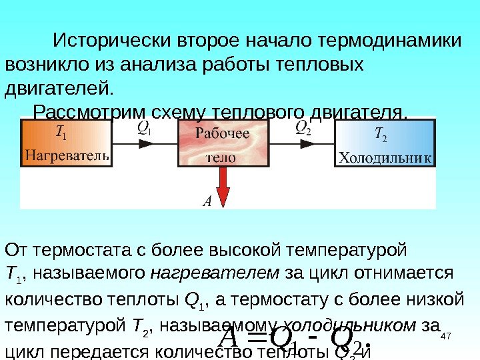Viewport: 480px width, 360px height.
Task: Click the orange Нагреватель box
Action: coord(65,144)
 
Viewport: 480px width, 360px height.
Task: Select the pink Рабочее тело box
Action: coord(222,144)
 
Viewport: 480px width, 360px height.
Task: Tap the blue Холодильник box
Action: coord(385,144)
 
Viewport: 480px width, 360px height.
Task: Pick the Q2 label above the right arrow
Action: coord(303,127)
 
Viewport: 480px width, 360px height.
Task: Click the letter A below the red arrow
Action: coord(206,200)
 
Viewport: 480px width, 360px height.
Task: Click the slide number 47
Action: coord(447,341)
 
